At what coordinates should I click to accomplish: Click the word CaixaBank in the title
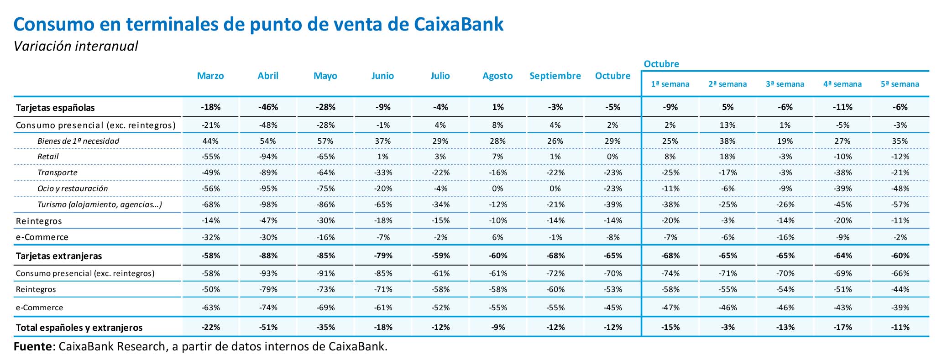coord(459,25)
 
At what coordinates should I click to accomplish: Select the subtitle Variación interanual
coord(76,46)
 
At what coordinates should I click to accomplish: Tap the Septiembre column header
coord(555,76)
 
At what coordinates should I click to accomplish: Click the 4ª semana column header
coord(842,84)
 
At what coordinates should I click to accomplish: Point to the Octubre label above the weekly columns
coord(661,64)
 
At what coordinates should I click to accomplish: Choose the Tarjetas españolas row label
coord(55,108)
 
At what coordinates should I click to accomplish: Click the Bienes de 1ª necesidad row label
coord(78,141)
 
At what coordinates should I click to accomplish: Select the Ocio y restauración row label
coord(73,188)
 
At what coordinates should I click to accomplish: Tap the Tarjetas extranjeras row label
coord(59,256)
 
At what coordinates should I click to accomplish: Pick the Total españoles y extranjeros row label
coord(79,328)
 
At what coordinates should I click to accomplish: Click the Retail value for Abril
coord(268,157)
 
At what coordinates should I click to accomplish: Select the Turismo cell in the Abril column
coord(268,204)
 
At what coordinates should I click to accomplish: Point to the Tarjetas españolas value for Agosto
coord(497,108)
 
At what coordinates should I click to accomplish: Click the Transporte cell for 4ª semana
coord(842,172)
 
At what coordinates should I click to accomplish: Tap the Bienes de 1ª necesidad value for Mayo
coord(325,141)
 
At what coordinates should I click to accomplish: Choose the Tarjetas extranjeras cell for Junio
coord(383,256)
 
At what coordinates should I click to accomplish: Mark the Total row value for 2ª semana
coord(727,328)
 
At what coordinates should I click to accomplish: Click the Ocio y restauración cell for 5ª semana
coord(900,188)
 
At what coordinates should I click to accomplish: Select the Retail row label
coord(48,157)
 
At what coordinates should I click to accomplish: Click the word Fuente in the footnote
coord(33,346)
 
